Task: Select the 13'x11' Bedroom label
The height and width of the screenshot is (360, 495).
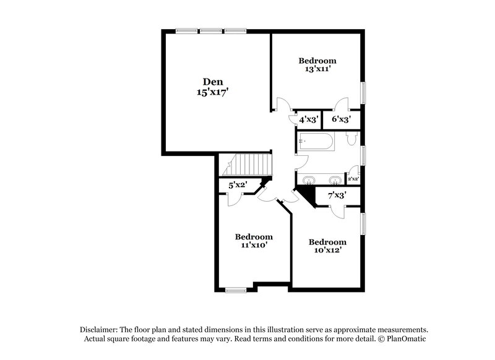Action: (x=317, y=61)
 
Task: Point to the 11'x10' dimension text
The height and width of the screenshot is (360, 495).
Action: (x=254, y=245)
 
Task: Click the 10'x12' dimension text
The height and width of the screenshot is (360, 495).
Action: (x=327, y=251)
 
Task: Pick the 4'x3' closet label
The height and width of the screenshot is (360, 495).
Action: (x=309, y=119)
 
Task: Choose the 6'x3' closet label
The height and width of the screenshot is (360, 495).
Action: (x=342, y=119)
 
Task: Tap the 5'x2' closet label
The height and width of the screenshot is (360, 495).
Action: (x=238, y=184)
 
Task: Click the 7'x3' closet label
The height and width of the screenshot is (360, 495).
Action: (x=337, y=195)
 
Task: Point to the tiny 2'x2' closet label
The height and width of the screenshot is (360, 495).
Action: (x=353, y=179)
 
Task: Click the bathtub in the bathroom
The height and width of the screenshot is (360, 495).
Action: (x=316, y=142)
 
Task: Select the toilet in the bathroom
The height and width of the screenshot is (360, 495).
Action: (x=352, y=141)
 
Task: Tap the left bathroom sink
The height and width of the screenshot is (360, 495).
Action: (x=309, y=180)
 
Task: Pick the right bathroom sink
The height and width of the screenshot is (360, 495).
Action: (x=334, y=180)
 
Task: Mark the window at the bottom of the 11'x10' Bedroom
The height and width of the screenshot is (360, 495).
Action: (x=235, y=288)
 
